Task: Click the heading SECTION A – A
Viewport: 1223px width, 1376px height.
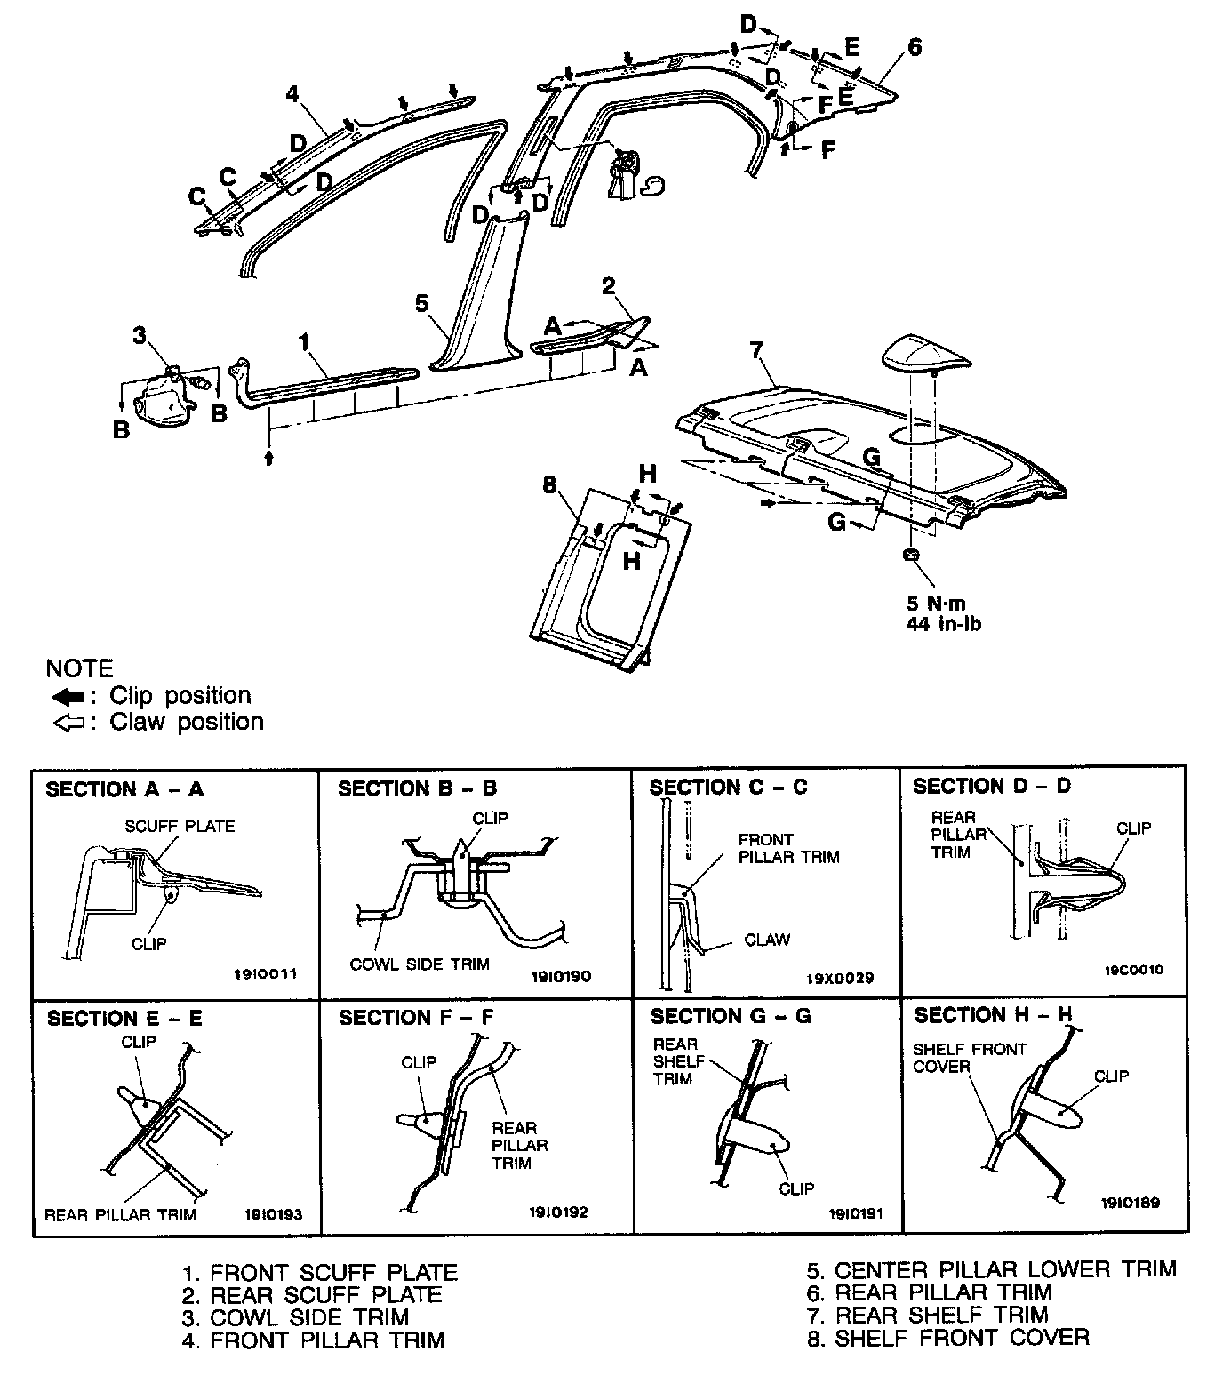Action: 124,789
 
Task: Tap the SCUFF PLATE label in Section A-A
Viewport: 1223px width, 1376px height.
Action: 180,826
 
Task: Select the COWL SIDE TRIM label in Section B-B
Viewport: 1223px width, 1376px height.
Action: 420,964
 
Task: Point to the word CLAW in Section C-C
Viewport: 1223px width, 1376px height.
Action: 767,940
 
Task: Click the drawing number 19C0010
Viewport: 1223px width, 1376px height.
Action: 1133,970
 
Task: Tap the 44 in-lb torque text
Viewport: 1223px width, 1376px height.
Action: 943,624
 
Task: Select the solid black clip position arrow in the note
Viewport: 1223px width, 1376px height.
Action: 68,696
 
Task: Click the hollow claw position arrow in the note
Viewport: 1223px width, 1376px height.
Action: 68,723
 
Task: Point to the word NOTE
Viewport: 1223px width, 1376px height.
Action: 80,668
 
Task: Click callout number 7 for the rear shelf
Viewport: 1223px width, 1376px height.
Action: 756,350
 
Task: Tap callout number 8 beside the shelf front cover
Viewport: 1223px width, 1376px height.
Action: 549,484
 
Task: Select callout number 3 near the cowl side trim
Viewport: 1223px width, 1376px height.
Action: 140,336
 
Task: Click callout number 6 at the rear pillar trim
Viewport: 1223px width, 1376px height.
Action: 915,46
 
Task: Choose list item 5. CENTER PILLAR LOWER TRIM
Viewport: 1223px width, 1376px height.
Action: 990,1269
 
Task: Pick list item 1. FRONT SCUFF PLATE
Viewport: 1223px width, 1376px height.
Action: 320,1273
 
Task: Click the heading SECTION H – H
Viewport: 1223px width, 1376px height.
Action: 992,1015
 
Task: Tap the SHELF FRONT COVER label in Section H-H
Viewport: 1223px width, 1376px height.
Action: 969,1058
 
